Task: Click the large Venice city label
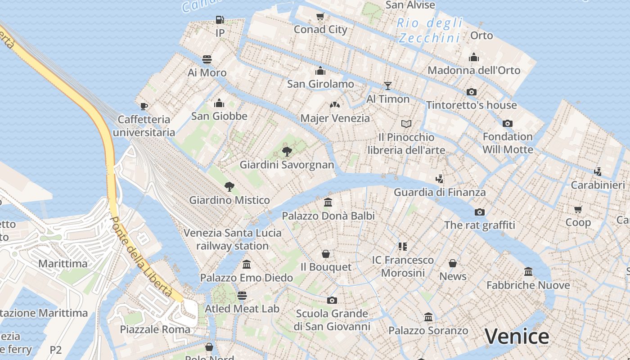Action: tap(517, 337)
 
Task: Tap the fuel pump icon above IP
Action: tap(220, 20)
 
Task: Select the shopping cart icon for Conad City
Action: tap(320, 17)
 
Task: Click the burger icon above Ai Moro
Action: tap(207, 59)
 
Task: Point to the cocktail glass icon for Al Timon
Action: tap(388, 86)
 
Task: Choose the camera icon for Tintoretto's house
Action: tap(471, 92)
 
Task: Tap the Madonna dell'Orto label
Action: tap(473, 70)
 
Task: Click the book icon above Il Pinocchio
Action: tap(406, 124)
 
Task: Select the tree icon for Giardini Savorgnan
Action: tap(287, 151)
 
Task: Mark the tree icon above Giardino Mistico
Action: tap(229, 187)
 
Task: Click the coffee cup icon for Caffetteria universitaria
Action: tap(144, 106)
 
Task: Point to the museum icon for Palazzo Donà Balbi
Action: tap(328, 202)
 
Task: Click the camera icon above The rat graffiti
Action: tap(480, 212)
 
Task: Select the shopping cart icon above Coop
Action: tap(578, 209)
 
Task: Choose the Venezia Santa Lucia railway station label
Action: tap(232, 239)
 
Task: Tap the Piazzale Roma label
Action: tap(155, 329)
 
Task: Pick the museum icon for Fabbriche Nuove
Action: tap(528, 272)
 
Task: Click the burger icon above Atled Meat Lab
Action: tap(242, 296)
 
